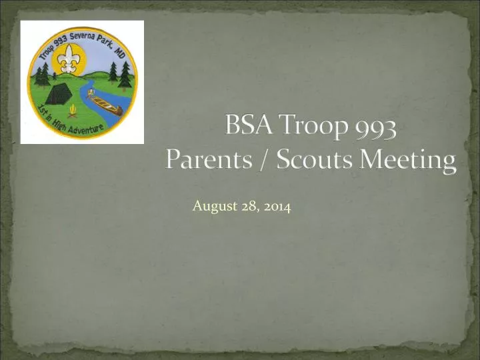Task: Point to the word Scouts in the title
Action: point(313,161)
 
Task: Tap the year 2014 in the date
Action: point(277,207)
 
